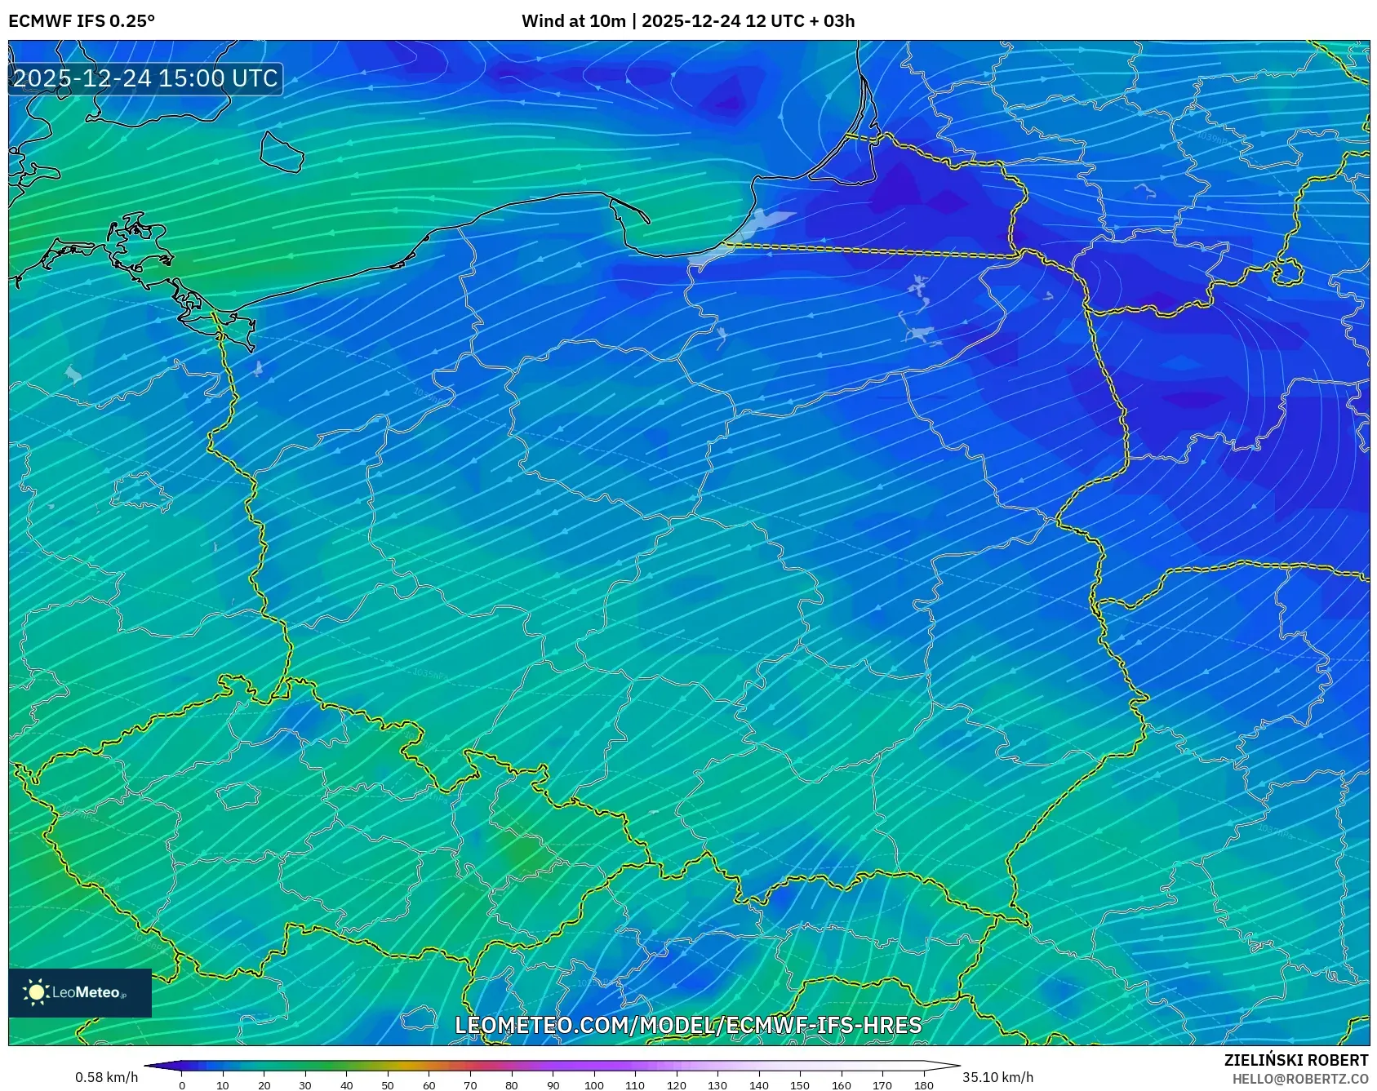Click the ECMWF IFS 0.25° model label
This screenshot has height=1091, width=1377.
point(82,20)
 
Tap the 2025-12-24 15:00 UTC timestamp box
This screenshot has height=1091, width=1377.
point(146,78)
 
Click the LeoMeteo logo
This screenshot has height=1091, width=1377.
point(80,992)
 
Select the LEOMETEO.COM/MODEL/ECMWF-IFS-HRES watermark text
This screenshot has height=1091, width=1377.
point(688,1025)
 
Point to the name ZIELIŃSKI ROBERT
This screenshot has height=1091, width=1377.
point(1295,1060)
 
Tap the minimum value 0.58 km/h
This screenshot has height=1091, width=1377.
point(106,1077)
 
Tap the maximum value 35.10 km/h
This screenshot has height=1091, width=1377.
point(997,1077)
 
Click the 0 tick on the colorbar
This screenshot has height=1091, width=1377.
point(182,1084)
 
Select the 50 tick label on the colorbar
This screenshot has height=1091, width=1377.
point(388,1084)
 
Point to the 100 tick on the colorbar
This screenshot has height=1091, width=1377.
point(593,1084)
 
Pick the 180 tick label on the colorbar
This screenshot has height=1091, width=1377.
point(923,1084)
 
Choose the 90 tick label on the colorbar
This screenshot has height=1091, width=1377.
point(553,1084)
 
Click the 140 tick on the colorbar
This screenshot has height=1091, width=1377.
point(758,1084)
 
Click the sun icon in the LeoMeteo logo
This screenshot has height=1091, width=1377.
point(37,992)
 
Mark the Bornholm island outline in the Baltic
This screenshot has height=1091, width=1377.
point(282,153)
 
